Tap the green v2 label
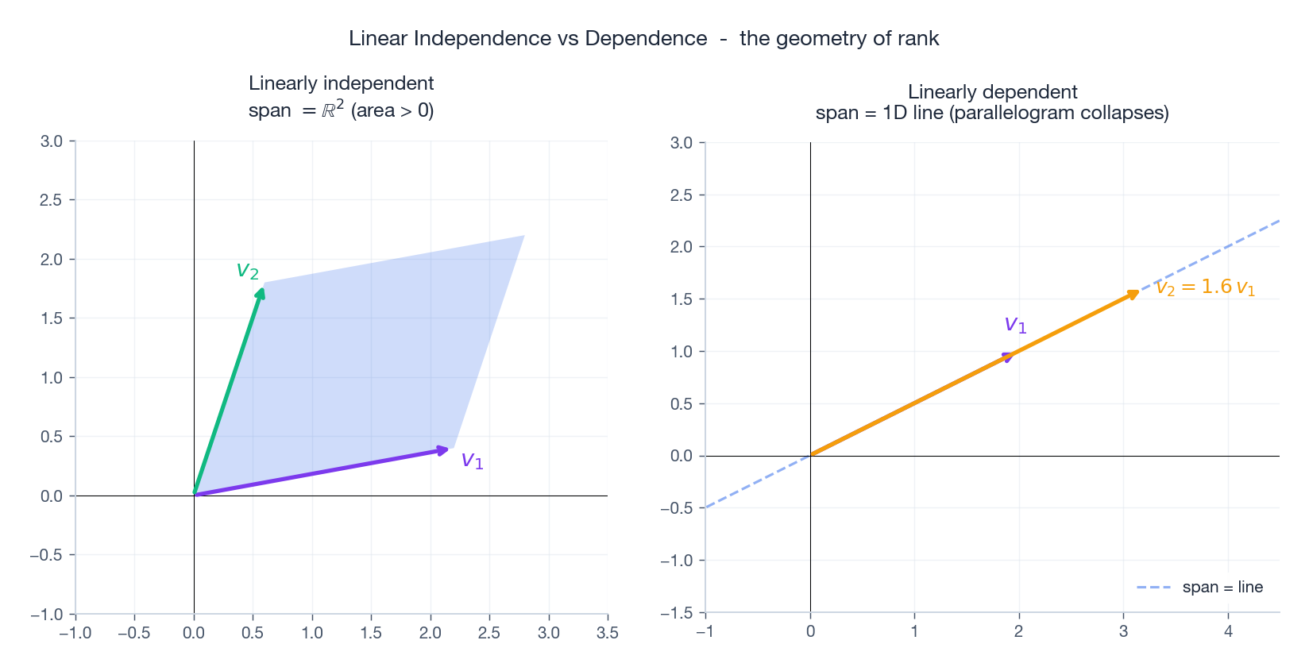pyautogui.click(x=248, y=271)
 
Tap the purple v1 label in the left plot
pyautogui.click(x=472, y=460)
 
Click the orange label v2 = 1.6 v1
pyautogui.click(x=1205, y=287)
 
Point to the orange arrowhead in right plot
pyautogui.click(x=1134, y=294)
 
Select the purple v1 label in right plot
pyautogui.click(x=1015, y=325)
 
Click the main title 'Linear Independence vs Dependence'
pyautogui.click(x=527, y=38)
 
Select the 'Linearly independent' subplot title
pyautogui.click(x=341, y=83)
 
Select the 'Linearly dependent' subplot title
pyautogui.click(x=992, y=92)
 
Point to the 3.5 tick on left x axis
pyautogui.click(x=607, y=633)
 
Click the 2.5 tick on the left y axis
pyautogui.click(x=51, y=200)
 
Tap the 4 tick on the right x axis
pyautogui.click(x=1228, y=631)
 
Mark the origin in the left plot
pyautogui.click(x=195, y=496)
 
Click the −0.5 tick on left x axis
pyautogui.click(x=133, y=633)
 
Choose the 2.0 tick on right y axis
pyautogui.click(x=682, y=247)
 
